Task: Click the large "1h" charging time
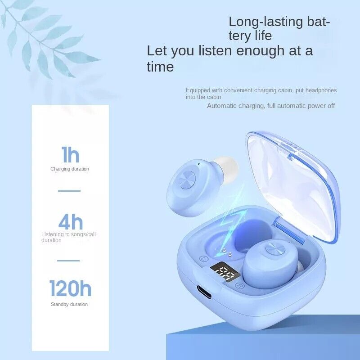(x=70, y=155)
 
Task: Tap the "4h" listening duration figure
(x=71, y=222)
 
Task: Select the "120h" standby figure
(x=70, y=288)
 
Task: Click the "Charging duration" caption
(x=70, y=169)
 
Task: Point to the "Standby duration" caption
(x=69, y=305)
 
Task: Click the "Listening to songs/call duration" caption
(x=68, y=237)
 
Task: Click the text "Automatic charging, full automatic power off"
(x=271, y=106)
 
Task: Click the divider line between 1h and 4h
(x=69, y=191)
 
